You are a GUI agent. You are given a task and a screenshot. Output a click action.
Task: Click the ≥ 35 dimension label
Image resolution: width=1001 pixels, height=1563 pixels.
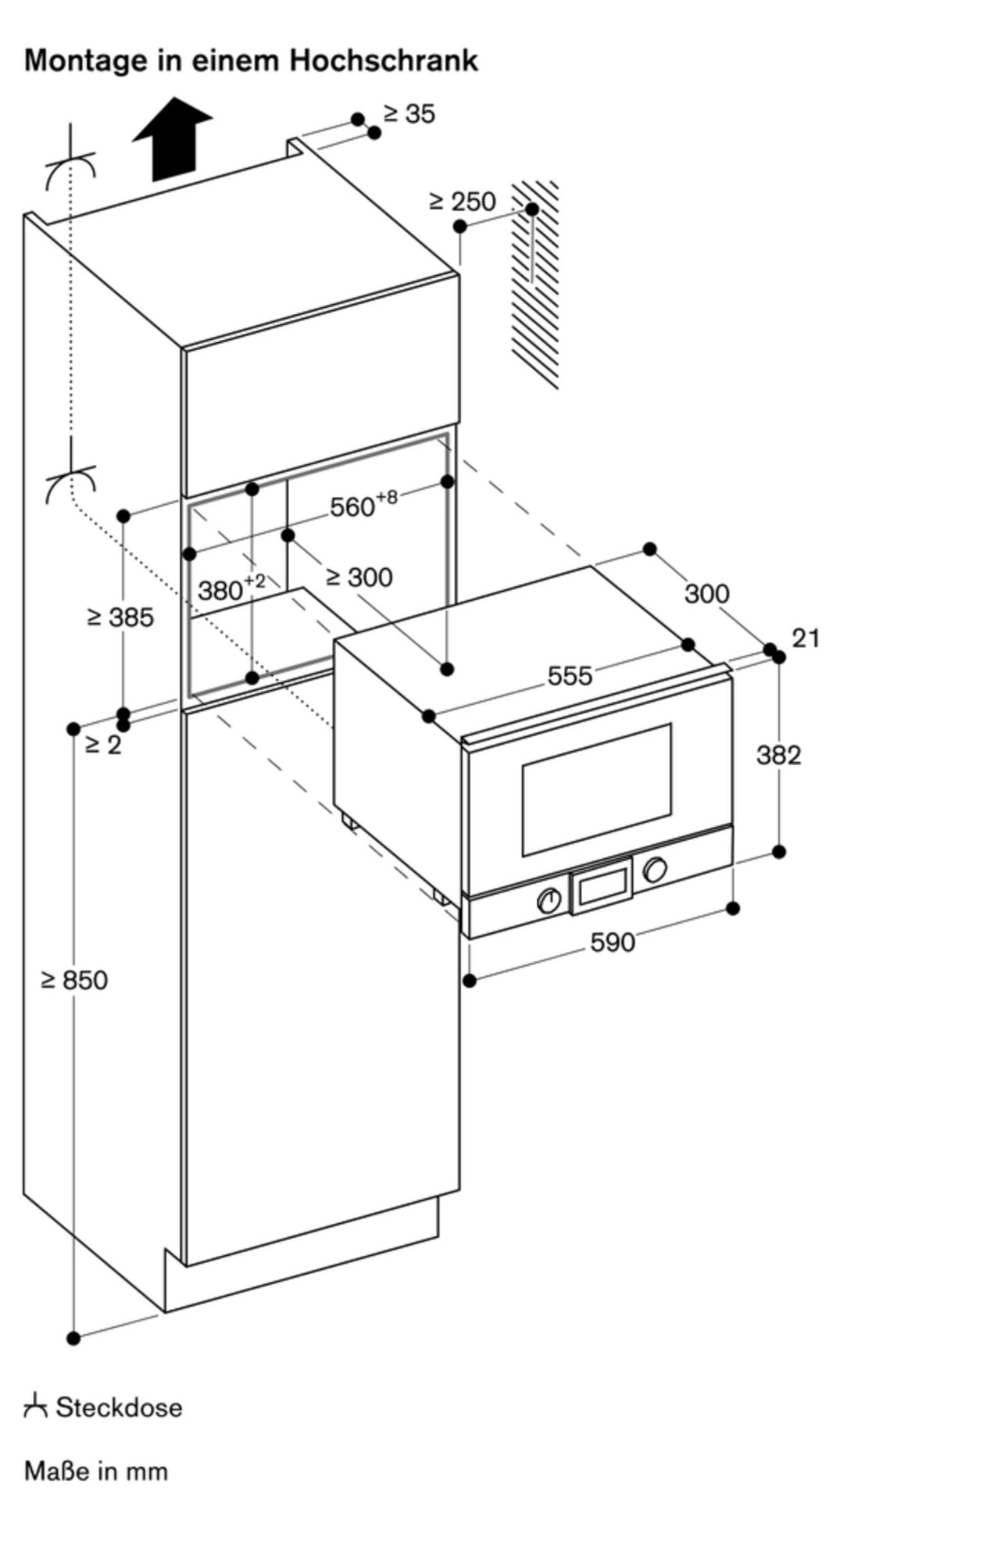[409, 114]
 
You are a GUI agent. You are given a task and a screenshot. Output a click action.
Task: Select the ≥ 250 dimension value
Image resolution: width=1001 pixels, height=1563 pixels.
[463, 202]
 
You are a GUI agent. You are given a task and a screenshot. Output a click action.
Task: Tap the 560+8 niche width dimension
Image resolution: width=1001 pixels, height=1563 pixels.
[363, 504]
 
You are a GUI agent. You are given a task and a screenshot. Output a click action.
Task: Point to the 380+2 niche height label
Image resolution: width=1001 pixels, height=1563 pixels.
[231, 588]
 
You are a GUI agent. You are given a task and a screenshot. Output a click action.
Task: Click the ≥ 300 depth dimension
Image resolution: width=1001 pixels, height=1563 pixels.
[359, 578]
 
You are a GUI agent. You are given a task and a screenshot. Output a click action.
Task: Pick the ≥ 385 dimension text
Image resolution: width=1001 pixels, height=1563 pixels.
[120, 617]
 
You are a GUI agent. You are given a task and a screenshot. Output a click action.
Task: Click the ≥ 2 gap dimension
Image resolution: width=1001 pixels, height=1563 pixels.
[103, 746]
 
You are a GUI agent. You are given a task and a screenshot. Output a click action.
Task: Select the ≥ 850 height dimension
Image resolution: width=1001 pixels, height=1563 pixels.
[75, 980]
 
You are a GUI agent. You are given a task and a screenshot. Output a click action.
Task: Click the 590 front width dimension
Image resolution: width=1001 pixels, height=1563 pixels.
[612, 942]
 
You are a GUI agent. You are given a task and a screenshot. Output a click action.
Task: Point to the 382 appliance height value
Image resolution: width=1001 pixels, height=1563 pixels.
[778, 755]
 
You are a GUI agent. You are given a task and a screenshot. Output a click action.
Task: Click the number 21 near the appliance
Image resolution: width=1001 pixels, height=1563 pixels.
[806, 638]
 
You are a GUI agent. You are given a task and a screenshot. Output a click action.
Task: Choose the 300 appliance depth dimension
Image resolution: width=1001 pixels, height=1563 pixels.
[706, 594]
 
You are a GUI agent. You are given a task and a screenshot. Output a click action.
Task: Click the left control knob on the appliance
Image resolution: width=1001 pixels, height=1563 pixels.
[550, 900]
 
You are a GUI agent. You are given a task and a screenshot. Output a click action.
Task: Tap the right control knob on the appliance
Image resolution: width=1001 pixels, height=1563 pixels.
[655, 869]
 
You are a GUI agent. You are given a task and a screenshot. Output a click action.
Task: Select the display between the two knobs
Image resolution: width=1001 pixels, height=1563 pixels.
[602, 885]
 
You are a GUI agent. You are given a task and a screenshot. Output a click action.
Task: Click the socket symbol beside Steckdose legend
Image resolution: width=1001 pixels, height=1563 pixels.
[35, 1407]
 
